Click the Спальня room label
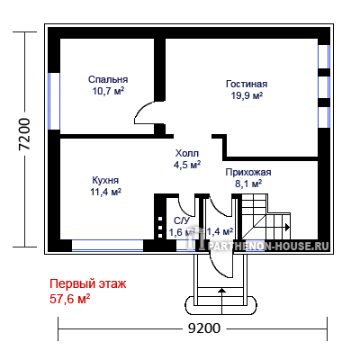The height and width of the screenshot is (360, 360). (108, 79)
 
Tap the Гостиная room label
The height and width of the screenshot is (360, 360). (247, 84)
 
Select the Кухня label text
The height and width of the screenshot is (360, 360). (105, 180)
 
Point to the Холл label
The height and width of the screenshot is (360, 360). (187, 153)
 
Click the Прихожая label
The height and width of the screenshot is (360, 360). (248, 172)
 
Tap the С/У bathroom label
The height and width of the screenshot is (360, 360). (182, 220)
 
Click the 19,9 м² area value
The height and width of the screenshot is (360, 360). (247, 95)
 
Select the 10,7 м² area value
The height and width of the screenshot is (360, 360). (108, 91)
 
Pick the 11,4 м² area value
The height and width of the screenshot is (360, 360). (105, 192)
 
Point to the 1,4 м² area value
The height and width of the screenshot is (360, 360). (220, 231)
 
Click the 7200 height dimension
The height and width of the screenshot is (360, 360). (24, 134)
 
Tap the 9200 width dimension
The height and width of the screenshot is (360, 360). (204, 328)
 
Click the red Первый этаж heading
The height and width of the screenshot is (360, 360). (88, 283)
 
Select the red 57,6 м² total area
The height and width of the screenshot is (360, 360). (69, 299)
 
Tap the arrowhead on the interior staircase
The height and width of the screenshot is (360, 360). (287, 227)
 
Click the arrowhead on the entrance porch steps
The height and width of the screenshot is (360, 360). (221, 290)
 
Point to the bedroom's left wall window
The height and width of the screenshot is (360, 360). (54, 101)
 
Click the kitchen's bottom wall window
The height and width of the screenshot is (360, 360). (107, 246)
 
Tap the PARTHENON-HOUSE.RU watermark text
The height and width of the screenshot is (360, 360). (268, 247)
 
